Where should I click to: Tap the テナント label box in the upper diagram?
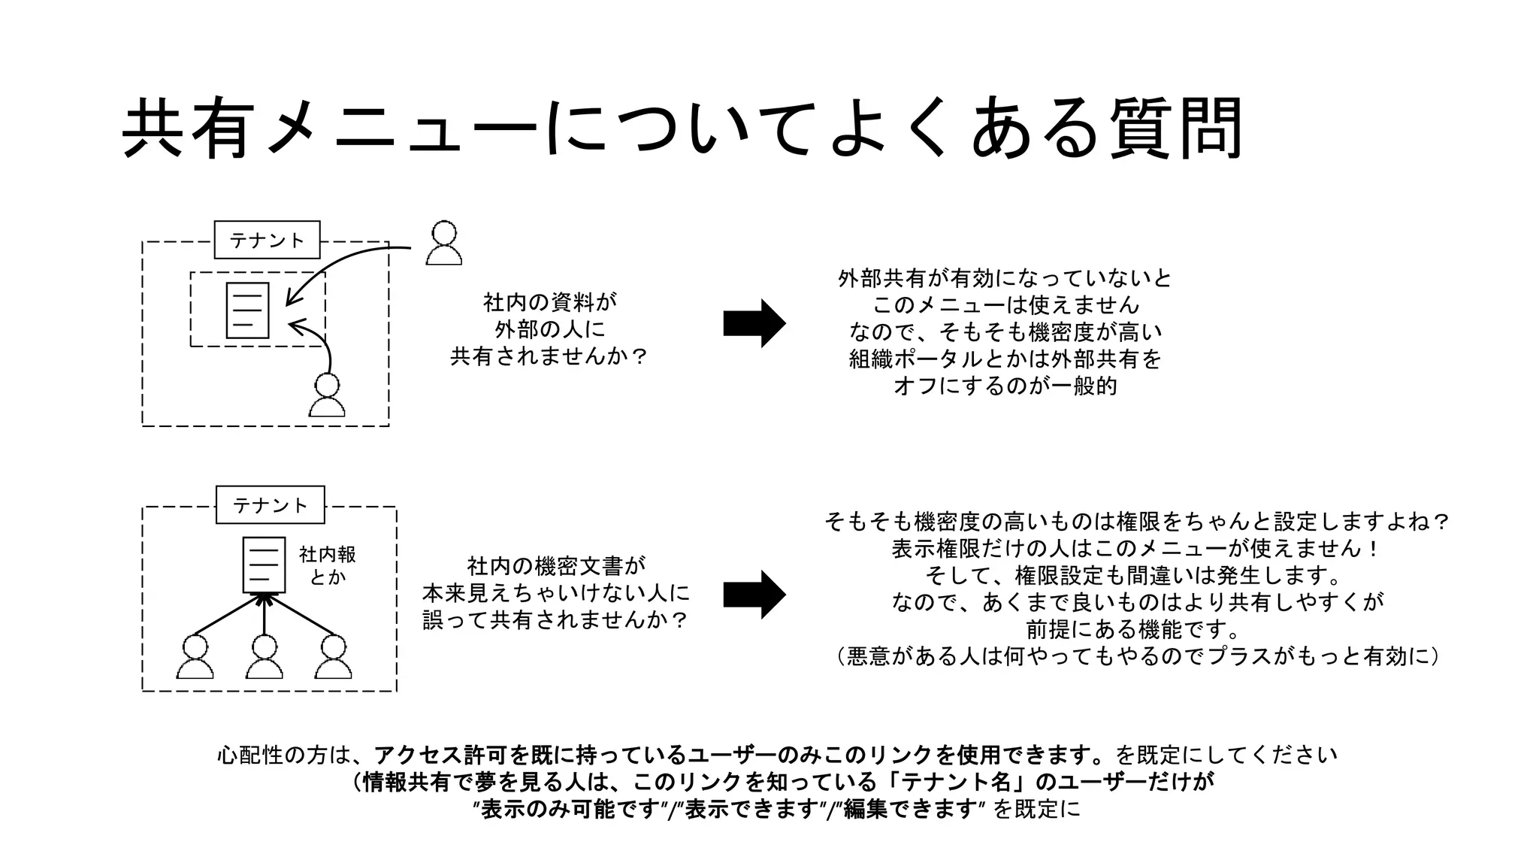coord(267,240)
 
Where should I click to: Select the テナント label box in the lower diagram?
coord(270,504)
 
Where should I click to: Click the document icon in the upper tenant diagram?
coord(248,310)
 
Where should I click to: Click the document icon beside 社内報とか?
coord(264,565)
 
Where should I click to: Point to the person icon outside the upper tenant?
coord(443,243)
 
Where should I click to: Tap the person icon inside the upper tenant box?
coord(327,395)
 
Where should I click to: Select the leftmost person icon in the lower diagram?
coord(195,658)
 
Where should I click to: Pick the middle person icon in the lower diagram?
coord(264,658)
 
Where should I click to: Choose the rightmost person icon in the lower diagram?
coord(333,658)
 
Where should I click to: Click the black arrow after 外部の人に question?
coord(754,323)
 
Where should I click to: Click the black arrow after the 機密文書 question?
coord(754,595)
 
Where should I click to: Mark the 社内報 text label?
coord(328,555)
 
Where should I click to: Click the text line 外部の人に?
coord(549,329)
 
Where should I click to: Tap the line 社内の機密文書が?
coord(556,566)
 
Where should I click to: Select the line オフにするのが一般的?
coord(1005,386)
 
